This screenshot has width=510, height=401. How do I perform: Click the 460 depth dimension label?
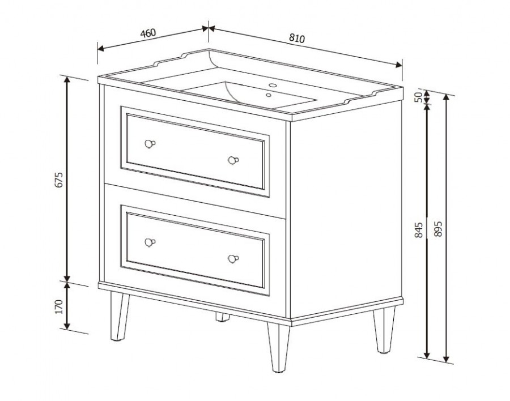148,33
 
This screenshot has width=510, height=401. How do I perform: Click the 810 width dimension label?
297,38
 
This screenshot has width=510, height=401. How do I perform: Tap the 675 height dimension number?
58,180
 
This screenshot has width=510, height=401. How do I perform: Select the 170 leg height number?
58,306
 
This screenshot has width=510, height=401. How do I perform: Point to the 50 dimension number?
418,97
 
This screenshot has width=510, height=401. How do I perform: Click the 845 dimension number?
419,230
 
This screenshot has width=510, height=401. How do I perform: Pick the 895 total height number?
439,229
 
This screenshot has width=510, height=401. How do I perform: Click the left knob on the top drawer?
150,143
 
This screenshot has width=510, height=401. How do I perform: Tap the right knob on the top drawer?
233,160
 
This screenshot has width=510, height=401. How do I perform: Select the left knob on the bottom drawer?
150,242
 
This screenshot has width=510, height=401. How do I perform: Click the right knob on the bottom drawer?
233,259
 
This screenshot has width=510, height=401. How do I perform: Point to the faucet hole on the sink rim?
273,86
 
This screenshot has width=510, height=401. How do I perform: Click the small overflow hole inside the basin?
269,95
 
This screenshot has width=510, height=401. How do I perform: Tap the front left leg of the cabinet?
119,316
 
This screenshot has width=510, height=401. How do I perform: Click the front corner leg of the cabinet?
279,347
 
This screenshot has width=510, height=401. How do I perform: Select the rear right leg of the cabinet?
384,330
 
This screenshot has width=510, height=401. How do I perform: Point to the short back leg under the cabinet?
223,317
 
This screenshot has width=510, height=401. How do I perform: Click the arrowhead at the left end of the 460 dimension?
100,49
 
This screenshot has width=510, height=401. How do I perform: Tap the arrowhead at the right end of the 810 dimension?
399,65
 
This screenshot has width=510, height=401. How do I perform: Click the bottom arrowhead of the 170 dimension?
67,325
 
